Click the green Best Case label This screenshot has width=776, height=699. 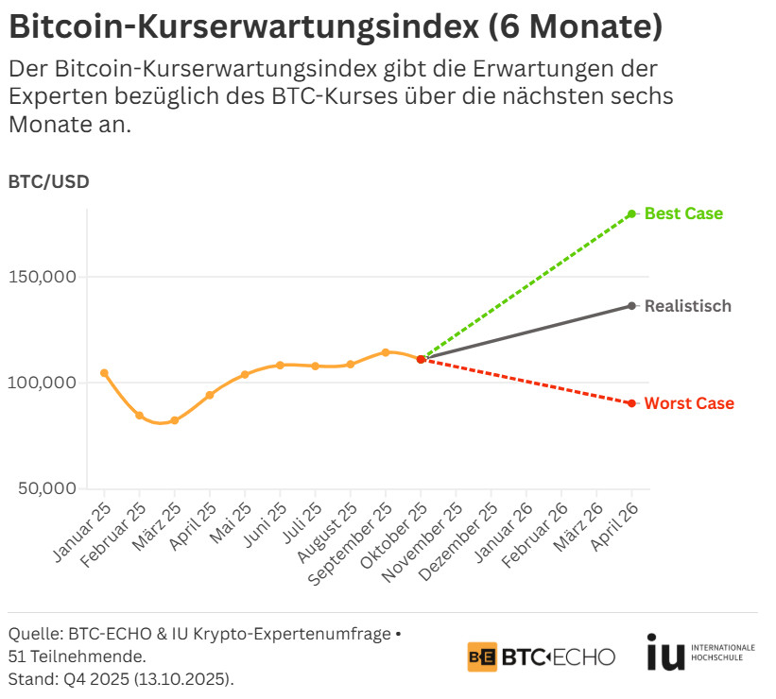[683, 213]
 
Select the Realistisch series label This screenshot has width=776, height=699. [687, 306]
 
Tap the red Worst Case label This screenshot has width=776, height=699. [689, 403]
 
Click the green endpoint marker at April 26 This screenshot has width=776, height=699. [631, 213]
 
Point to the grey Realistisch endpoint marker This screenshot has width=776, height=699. [631, 306]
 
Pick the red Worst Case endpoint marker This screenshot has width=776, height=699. [631, 403]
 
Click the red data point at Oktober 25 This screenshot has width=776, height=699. [421, 359]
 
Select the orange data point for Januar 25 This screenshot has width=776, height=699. [104, 373]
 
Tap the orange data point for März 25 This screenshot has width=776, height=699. [174, 420]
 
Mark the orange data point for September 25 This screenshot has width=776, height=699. [386, 352]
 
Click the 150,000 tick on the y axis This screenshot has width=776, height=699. [43, 278]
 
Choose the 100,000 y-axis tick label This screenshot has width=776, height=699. [43, 383]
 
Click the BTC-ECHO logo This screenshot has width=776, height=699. [541, 656]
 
